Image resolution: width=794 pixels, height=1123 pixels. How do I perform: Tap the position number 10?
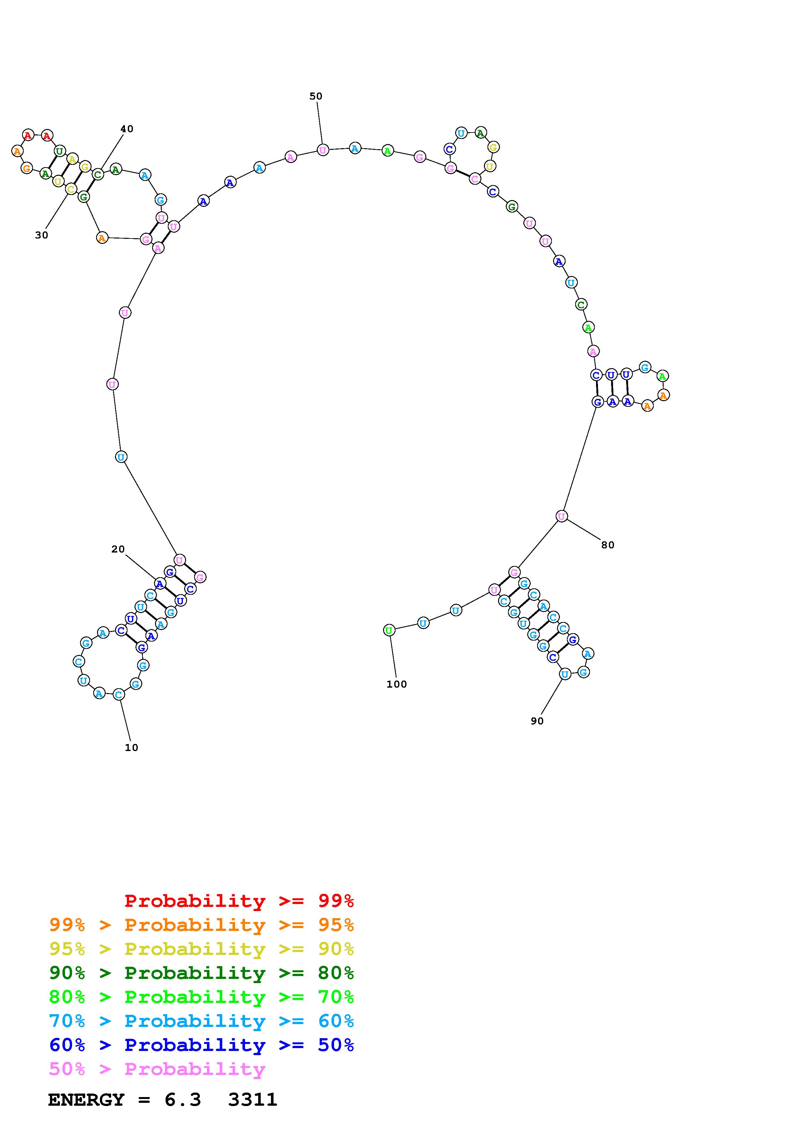(x=131, y=747)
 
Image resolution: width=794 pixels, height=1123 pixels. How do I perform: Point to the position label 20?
(x=118, y=549)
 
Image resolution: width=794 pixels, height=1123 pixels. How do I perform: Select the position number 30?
(x=42, y=235)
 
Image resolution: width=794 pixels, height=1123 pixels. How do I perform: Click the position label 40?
(x=127, y=129)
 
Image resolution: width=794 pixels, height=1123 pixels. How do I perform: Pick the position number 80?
(x=608, y=545)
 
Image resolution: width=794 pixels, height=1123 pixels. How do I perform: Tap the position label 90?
(x=537, y=721)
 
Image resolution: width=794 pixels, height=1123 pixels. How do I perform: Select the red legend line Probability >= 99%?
(x=239, y=901)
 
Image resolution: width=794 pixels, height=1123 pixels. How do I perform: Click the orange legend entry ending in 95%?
(x=201, y=925)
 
